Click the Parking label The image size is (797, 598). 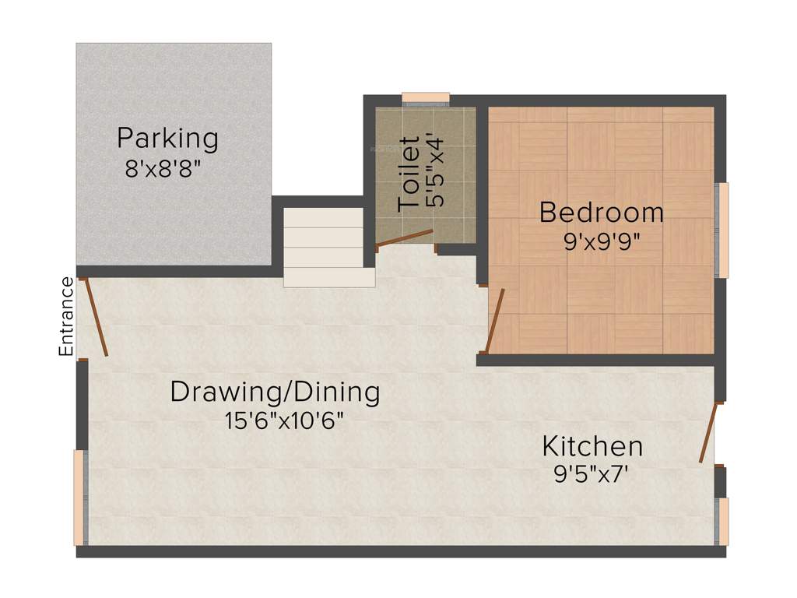(x=167, y=139)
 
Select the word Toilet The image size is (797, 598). (x=410, y=174)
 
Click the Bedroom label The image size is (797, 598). (x=602, y=212)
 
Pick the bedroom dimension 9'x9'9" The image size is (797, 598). (x=602, y=241)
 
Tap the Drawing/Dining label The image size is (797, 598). (x=276, y=392)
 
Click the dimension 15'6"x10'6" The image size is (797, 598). (x=284, y=421)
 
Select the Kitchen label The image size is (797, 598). (x=592, y=447)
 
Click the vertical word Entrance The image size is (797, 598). (x=67, y=317)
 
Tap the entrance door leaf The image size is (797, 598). (x=96, y=317)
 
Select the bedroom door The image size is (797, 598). (x=495, y=320)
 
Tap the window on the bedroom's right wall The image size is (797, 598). (x=722, y=230)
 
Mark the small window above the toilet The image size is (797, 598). (x=426, y=99)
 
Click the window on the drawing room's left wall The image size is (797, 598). (x=79, y=498)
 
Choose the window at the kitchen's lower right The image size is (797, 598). (x=722, y=521)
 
